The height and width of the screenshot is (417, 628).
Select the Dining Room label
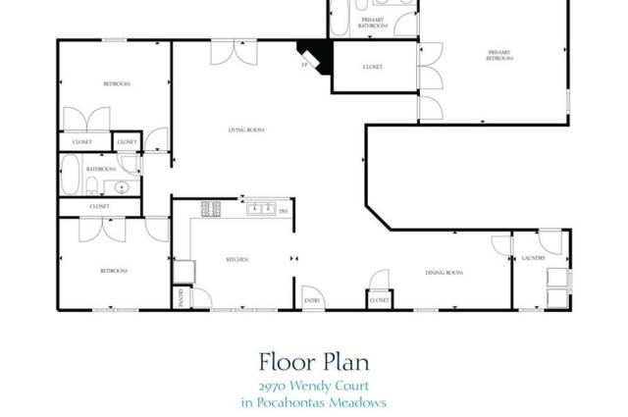coord(444,273)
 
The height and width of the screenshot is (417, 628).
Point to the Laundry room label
coord(534,259)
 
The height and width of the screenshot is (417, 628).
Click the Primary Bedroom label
coord(499,56)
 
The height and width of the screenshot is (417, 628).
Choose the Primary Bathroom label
coord(373,23)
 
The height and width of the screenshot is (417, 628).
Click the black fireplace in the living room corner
coord(317,54)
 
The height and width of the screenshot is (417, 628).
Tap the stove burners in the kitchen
coord(210,208)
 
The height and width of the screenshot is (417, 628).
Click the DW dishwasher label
coord(284,212)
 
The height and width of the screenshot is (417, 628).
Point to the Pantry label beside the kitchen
coord(181,296)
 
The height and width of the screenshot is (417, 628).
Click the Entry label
coord(311,300)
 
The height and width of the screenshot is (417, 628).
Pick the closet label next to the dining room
coord(380,300)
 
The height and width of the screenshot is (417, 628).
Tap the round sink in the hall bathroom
coord(123,186)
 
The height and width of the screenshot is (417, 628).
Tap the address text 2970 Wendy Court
coord(313,386)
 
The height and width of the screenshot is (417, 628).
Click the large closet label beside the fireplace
coord(372,67)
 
